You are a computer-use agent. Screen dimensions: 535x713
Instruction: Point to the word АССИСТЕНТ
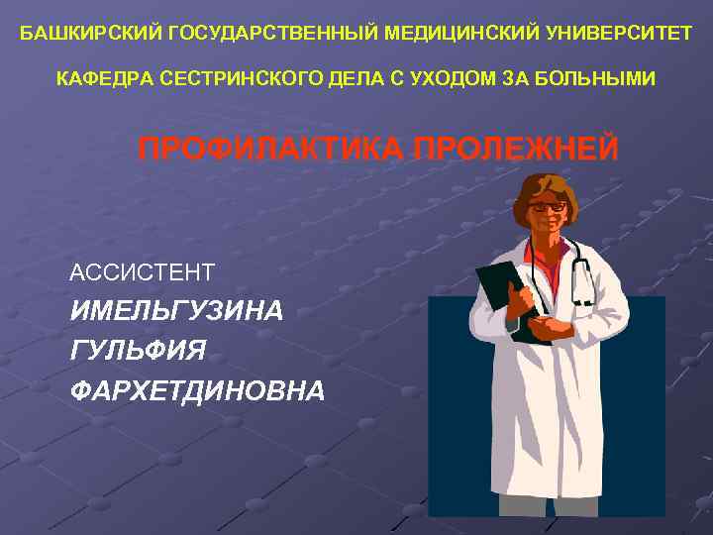143,270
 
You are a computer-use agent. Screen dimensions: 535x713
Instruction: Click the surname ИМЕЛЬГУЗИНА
176,311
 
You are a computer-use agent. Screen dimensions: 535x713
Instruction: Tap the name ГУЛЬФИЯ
139,351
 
